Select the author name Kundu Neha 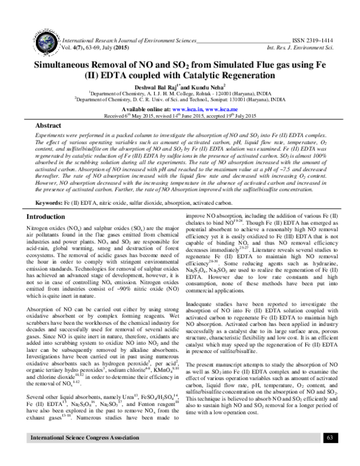pos(202,86)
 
